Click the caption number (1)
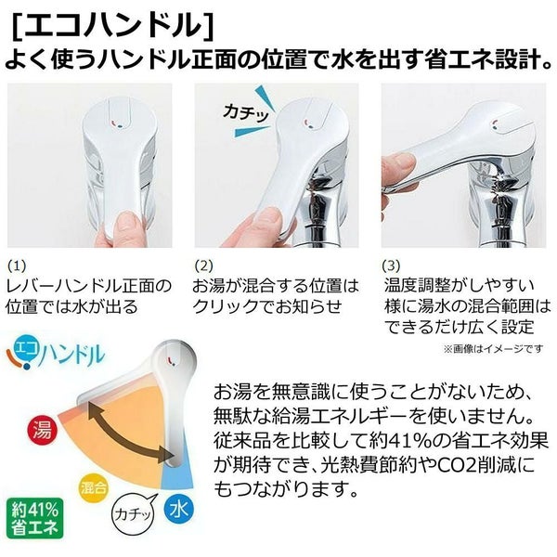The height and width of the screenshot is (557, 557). pos(18,264)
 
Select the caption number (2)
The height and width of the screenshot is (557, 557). pos(205,264)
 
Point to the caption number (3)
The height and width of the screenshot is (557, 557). pos(394,264)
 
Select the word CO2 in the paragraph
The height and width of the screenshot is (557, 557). pos(447,461)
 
